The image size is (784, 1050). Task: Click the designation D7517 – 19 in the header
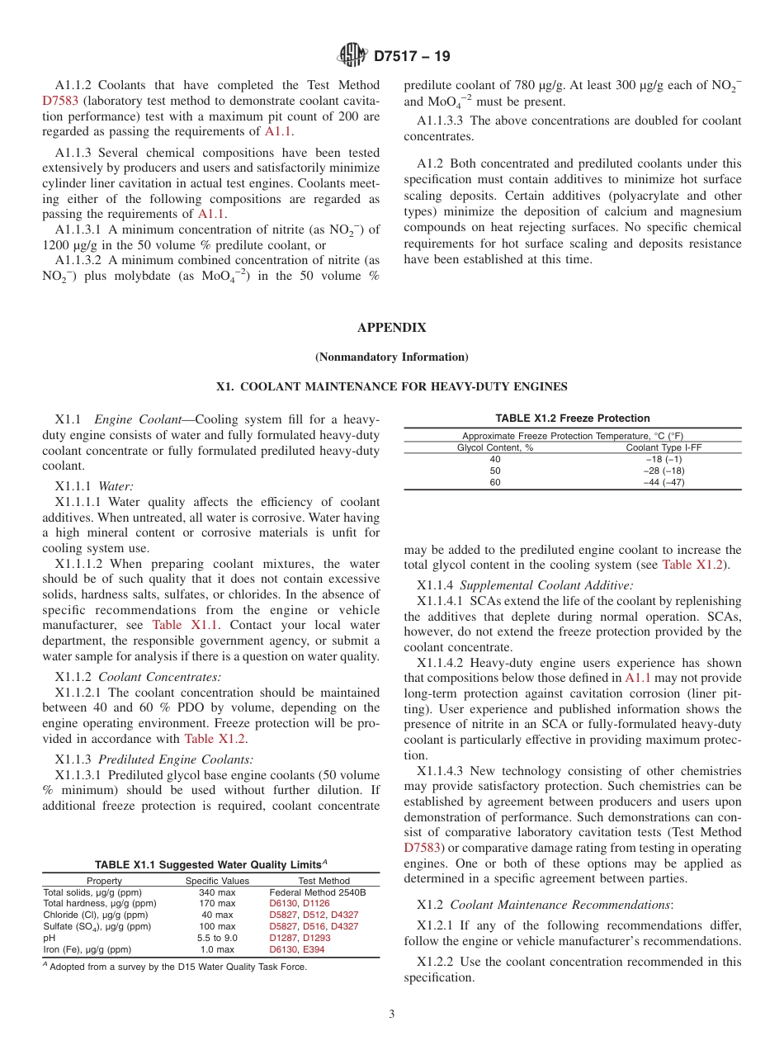point(411,57)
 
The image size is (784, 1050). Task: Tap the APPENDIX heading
point(391,328)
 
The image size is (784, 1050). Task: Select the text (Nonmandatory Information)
point(391,357)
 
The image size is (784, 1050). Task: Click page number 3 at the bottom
point(392,1015)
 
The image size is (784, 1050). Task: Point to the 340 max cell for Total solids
point(217,892)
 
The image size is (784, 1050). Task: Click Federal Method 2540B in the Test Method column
point(318,892)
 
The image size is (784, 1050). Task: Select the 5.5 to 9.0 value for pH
point(217,938)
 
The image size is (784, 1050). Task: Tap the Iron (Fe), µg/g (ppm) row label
point(87,949)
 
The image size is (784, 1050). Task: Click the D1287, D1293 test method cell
point(300,938)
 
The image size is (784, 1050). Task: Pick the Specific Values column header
point(217,881)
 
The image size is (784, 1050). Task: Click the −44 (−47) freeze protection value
point(664,482)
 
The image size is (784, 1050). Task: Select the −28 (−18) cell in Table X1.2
point(664,471)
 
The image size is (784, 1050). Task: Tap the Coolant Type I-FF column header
point(664,447)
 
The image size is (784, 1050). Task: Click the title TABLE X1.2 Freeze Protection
point(572,419)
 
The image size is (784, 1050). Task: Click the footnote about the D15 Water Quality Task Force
point(175,967)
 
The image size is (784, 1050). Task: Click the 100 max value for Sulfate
point(217,926)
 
